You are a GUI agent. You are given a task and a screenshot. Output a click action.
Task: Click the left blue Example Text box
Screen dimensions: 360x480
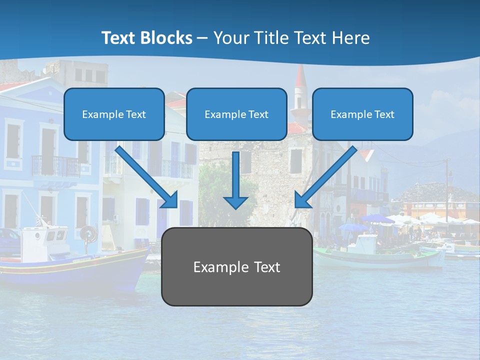pos(114,114)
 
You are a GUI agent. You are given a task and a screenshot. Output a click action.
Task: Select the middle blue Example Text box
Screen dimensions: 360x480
pos(236,114)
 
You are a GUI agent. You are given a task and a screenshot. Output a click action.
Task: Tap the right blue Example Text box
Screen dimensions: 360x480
pos(362,114)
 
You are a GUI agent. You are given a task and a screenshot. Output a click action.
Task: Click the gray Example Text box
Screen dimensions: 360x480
pos(236,267)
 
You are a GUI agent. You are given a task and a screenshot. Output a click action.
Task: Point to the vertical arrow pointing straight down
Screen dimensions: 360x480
pos(235,180)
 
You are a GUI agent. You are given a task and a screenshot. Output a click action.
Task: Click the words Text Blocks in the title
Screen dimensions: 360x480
pos(147,38)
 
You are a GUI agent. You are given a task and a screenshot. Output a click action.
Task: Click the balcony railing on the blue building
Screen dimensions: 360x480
pos(55,165)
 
